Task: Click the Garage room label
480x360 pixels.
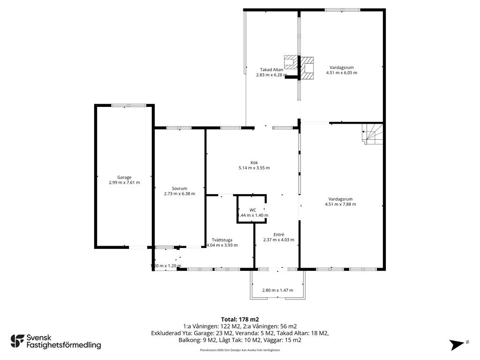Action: tap(124, 177)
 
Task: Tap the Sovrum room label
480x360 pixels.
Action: tap(180, 188)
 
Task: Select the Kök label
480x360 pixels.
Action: tap(254, 163)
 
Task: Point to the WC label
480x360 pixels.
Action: tap(253, 210)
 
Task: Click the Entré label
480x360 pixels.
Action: tap(279, 234)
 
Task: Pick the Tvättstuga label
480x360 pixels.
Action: tap(222, 240)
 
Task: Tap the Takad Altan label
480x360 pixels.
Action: tap(271, 69)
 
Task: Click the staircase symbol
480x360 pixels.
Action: tap(372, 134)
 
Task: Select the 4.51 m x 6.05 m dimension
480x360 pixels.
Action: tap(342, 73)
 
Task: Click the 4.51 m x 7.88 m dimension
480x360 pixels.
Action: tap(340, 204)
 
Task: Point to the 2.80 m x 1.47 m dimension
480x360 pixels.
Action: tap(277, 290)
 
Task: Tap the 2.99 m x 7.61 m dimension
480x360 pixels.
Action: tap(124, 182)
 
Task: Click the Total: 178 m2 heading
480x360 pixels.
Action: tap(240, 320)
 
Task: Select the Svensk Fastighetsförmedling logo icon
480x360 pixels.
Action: tap(17, 341)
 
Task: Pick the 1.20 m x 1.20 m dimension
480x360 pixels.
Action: tap(166, 266)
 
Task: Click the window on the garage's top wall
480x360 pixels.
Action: tap(128, 105)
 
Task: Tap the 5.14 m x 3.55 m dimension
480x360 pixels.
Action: tap(254, 168)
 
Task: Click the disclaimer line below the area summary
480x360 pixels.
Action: tap(240, 350)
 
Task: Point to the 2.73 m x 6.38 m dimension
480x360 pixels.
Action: tap(180, 194)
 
